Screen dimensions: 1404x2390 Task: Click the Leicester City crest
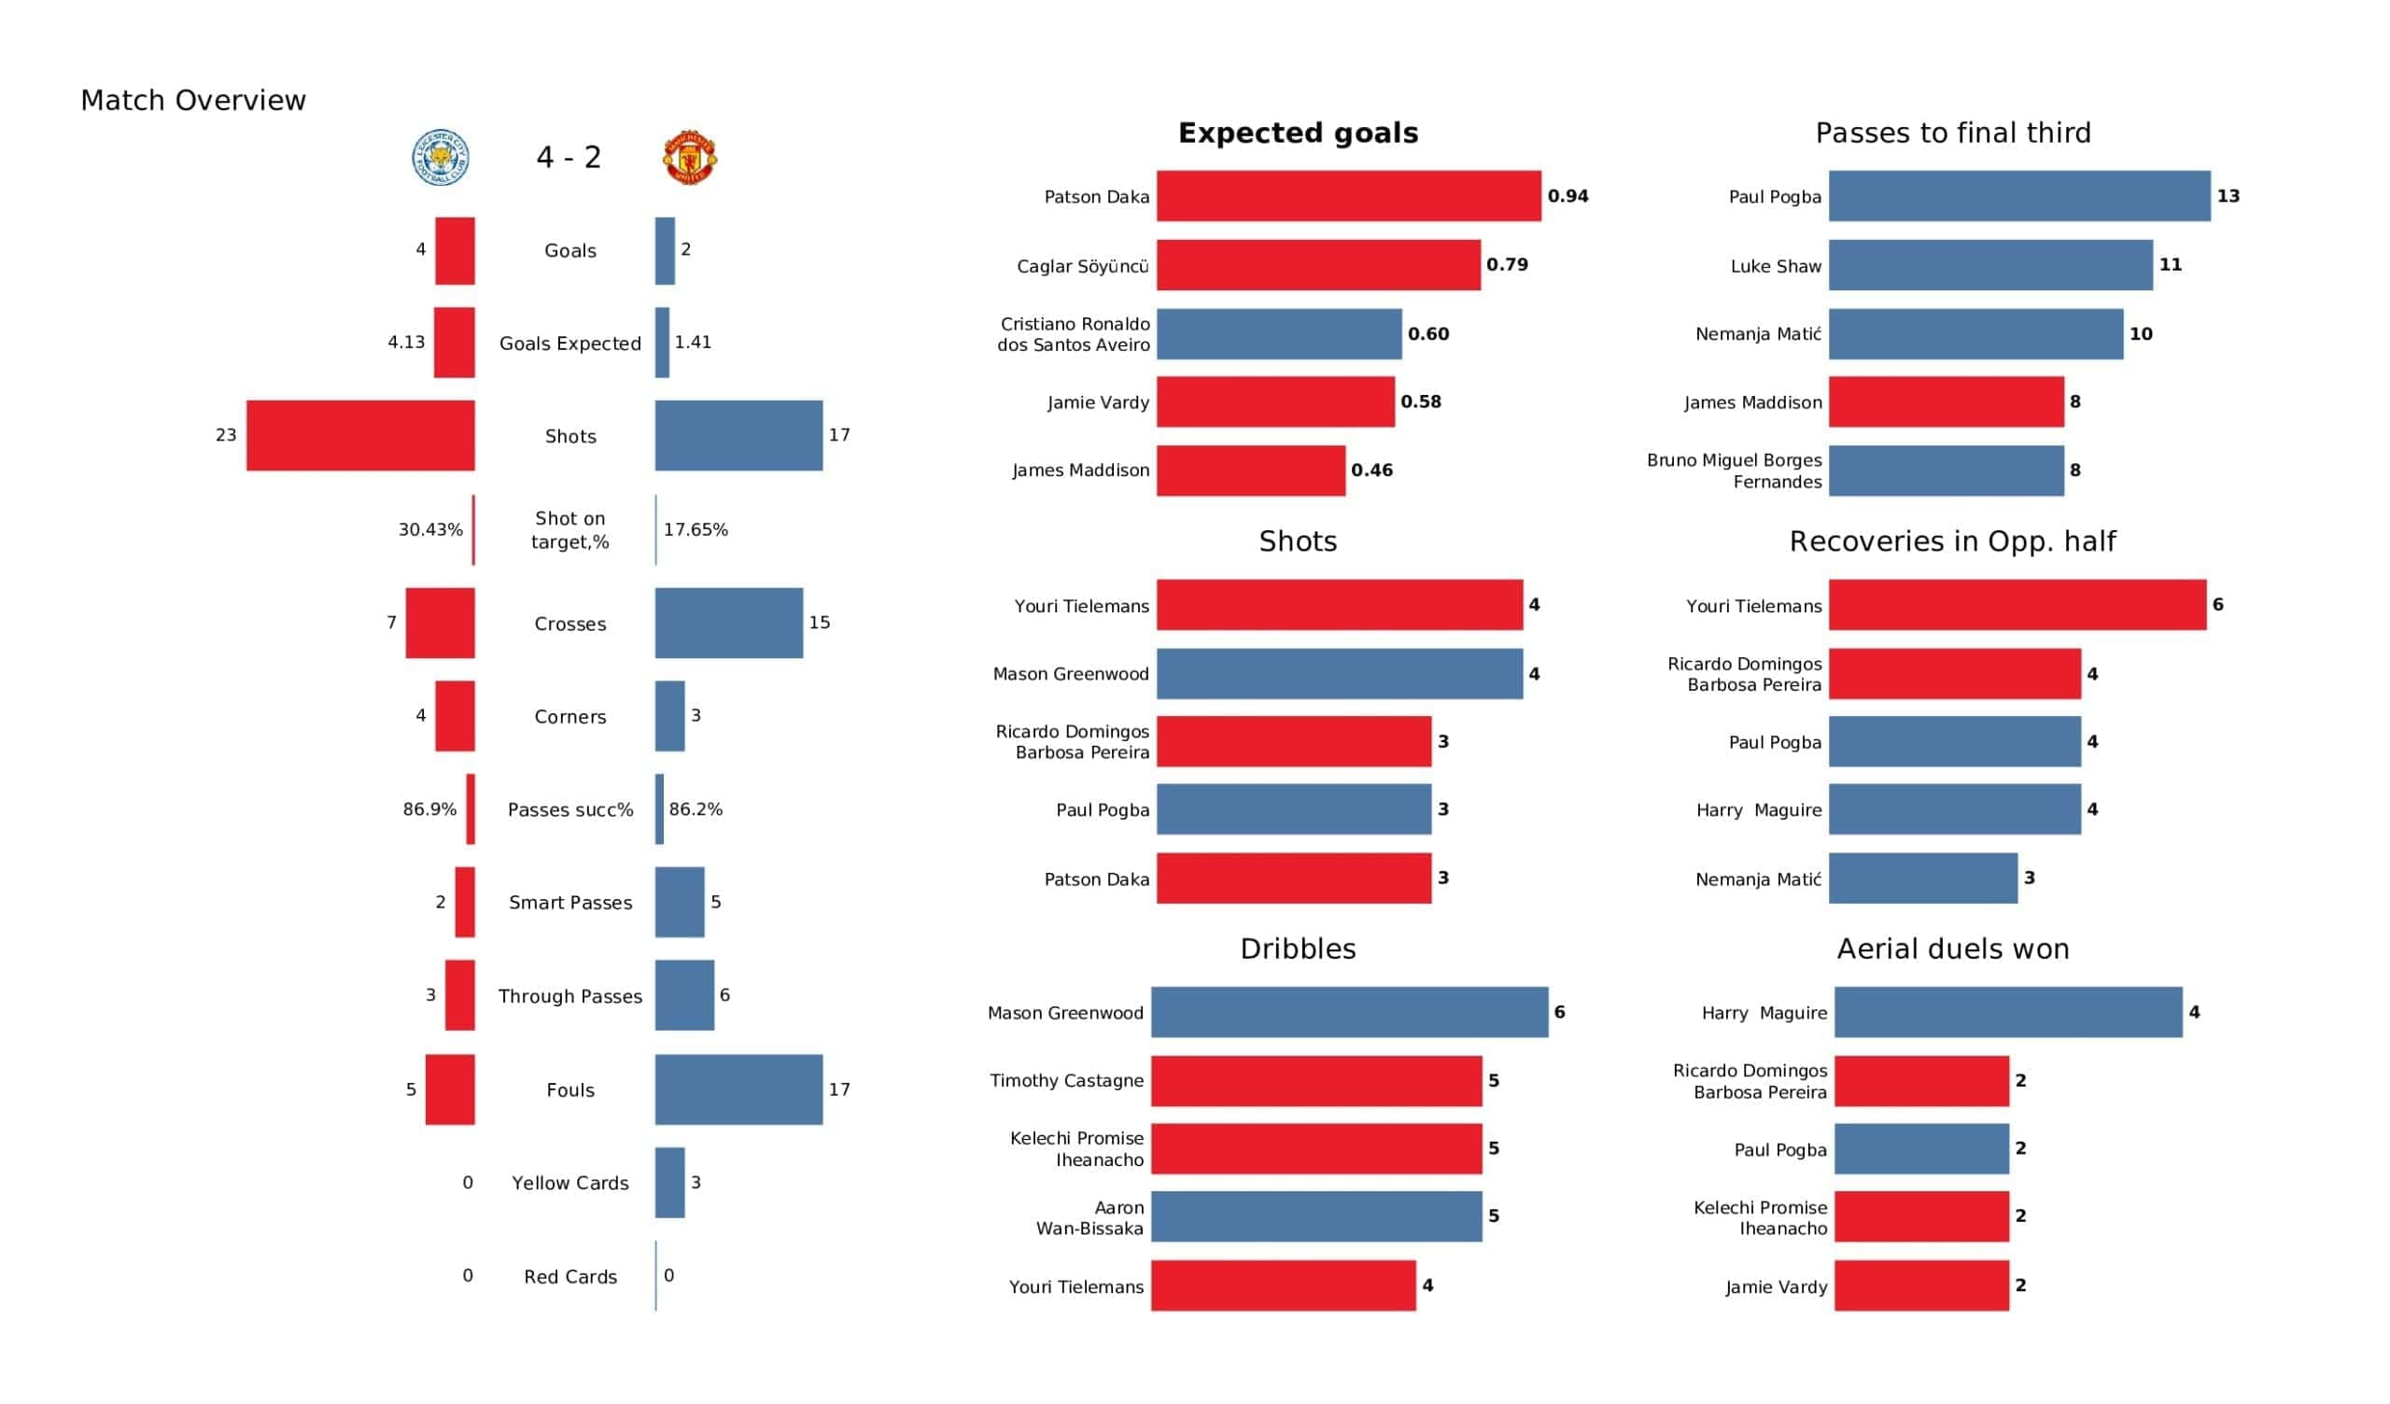pyautogui.click(x=441, y=158)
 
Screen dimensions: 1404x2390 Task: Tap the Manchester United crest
pyautogui.click(x=690, y=158)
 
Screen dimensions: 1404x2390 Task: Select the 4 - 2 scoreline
pyautogui.click(x=569, y=158)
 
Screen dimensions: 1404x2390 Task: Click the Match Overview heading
pyautogui.click(x=193, y=101)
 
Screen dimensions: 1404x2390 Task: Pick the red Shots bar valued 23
pyautogui.click(x=360, y=435)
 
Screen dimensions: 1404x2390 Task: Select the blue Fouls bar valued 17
pyautogui.click(x=738, y=1089)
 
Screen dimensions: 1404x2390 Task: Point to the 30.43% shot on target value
pyautogui.click(x=430, y=529)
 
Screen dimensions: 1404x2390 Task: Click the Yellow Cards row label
pyautogui.click(x=570, y=1183)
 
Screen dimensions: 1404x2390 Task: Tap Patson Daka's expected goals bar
pyautogui.click(x=1348, y=196)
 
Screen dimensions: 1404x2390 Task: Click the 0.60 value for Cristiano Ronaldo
pyautogui.click(x=1427, y=334)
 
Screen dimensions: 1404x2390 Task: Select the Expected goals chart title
pyautogui.click(x=1298, y=133)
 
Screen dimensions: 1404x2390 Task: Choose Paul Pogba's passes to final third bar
pyautogui.click(x=2018, y=196)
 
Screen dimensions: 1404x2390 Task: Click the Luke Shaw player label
pyautogui.click(x=1776, y=266)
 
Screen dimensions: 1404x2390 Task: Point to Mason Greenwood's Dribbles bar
pyautogui.click(x=1349, y=1012)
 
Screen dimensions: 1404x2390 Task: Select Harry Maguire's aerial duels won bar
pyautogui.click(x=2007, y=1012)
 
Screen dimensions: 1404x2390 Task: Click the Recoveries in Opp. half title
pyautogui.click(x=1952, y=541)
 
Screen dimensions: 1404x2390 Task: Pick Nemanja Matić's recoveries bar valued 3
pyautogui.click(x=1922, y=878)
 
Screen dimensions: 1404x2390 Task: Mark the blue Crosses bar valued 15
pyautogui.click(x=728, y=623)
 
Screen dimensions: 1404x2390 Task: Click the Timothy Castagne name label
pyautogui.click(x=1066, y=1080)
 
